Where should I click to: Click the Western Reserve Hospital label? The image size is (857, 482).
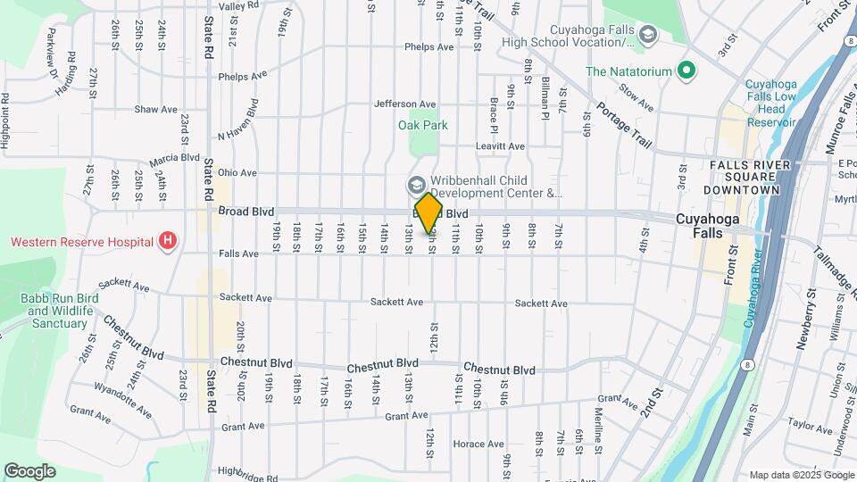coord(81,242)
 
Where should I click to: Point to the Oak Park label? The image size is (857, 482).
coord(423,126)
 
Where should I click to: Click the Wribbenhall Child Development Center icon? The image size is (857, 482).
coord(416,185)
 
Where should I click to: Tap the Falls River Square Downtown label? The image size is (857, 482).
coord(748,178)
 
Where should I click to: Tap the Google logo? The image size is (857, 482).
coord(29,471)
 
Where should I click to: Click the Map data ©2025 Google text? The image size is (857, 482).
coord(801,475)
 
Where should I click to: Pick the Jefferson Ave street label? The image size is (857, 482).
coord(405,104)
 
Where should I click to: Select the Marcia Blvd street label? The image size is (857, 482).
coord(175,158)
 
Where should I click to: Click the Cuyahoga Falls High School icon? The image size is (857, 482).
coord(648,35)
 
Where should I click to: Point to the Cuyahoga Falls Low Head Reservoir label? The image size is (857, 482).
coord(771,103)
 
